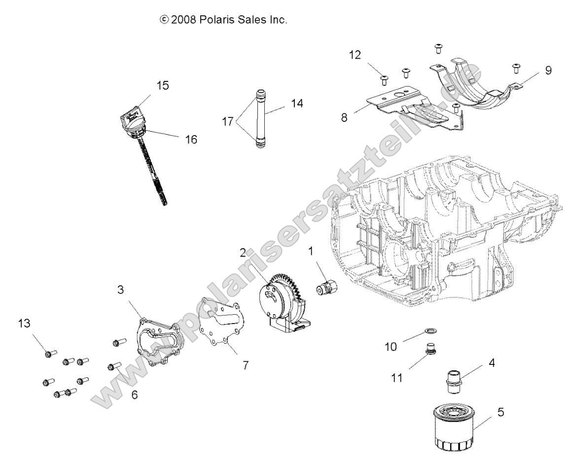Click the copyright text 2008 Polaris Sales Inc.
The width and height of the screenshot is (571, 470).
pos(223,20)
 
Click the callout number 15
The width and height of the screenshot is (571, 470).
pos(162,85)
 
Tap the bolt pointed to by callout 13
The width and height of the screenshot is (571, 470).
pos(50,353)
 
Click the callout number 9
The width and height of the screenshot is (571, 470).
pos(548,70)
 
